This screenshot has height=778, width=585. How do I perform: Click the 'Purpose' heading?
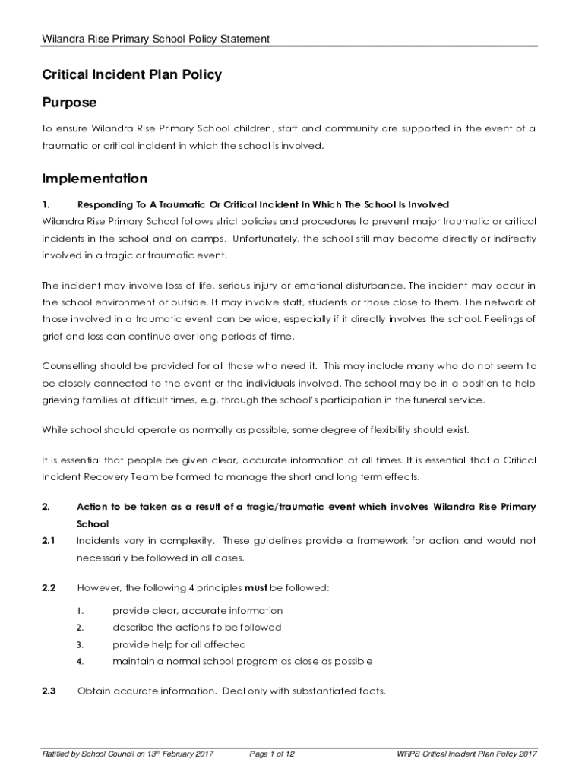click(69, 102)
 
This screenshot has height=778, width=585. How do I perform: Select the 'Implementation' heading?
click(94, 179)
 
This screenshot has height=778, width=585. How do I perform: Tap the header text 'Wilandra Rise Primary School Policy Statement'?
click(156, 39)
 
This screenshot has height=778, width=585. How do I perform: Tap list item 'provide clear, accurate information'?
click(198, 610)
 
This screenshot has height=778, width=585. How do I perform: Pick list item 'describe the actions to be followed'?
click(197, 627)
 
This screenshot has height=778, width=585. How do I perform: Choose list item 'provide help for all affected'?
click(179, 644)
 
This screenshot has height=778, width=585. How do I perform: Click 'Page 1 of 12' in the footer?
click(272, 754)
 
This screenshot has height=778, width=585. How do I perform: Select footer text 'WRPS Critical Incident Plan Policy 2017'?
click(467, 754)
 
